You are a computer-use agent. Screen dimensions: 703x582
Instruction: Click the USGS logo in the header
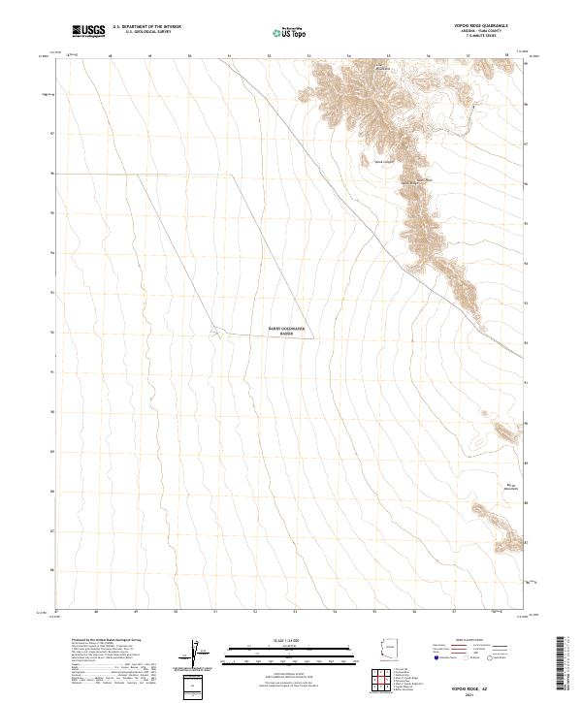(88, 31)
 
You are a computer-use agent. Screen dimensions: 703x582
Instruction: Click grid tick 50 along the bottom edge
(176, 612)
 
